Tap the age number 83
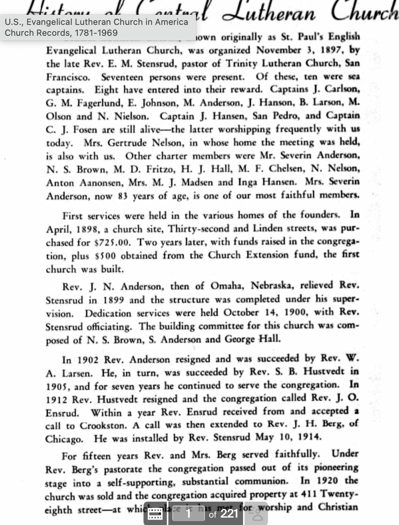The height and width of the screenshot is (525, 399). pos(123,196)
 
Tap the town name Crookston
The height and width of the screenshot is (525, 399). pos(102,425)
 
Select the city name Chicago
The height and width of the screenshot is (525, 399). pos(64,439)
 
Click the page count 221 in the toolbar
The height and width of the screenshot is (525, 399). pos(229,514)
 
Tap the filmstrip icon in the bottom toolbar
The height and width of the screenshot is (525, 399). pos(156,514)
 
